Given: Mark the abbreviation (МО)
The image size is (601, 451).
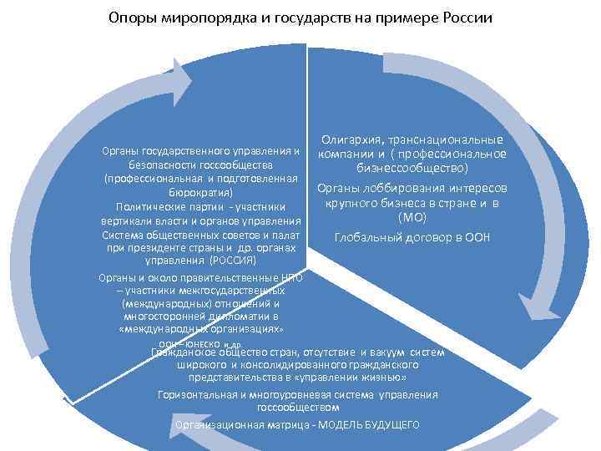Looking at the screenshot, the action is [412, 217].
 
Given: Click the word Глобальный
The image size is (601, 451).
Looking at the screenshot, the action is [366, 238].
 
